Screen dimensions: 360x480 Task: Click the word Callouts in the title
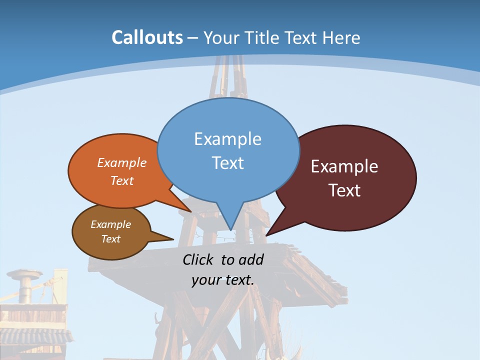tap(147, 37)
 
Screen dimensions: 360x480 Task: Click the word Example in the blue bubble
tap(227, 138)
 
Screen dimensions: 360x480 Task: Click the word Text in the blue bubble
tap(227, 162)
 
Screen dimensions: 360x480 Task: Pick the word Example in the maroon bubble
tap(344, 166)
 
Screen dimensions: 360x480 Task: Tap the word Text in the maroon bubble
tap(344, 190)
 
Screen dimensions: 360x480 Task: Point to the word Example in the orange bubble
tap(122, 162)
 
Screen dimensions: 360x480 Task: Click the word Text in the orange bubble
tap(122, 180)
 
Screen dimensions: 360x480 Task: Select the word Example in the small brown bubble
tap(110, 224)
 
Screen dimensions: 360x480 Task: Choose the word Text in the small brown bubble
tap(110, 239)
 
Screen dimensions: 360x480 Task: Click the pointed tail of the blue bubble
tap(230, 228)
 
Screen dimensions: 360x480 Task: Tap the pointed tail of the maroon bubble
tap(267, 234)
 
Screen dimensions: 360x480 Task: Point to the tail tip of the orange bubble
tap(190, 211)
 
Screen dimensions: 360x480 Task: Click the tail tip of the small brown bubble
tap(173, 238)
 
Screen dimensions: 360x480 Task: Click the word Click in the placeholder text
tap(199, 259)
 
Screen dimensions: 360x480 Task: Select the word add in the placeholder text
tap(251, 259)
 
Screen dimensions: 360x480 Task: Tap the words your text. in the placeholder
tap(222, 280)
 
